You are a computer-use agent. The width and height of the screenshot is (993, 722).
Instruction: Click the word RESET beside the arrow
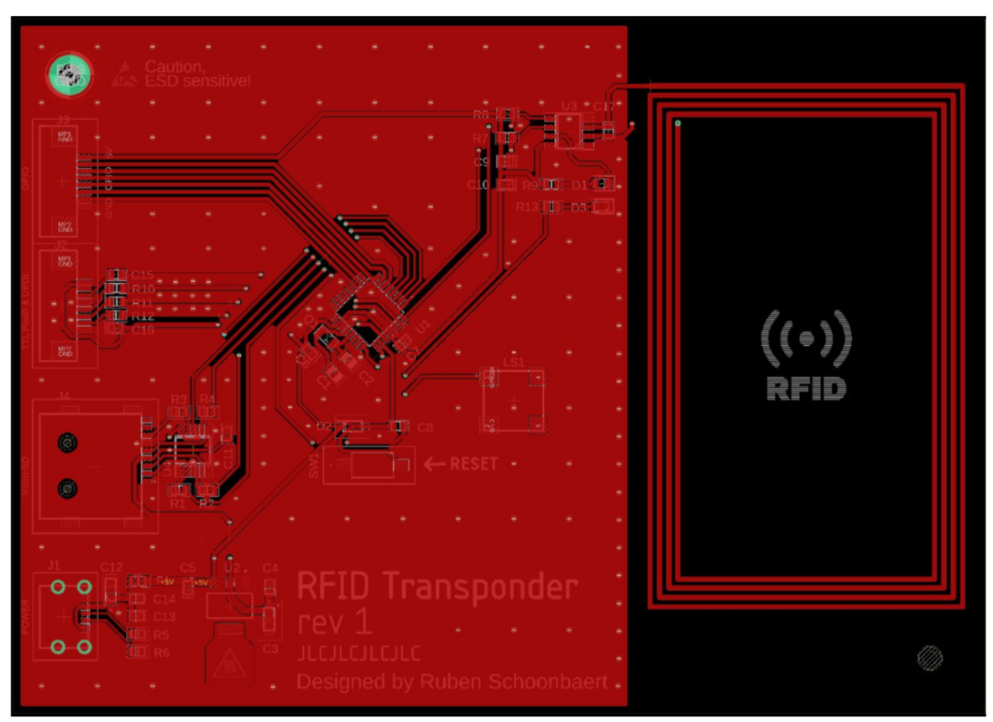tap(474, 463)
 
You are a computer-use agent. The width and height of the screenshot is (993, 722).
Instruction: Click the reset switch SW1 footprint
tap(370, 464)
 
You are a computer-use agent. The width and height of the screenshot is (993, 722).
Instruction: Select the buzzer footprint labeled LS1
tap(513, 400)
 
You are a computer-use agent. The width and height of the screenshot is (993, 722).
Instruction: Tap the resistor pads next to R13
tap(551, 207)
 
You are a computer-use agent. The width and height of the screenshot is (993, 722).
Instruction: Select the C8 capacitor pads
tap(400, 427)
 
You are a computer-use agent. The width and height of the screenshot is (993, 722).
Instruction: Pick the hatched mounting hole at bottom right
tap(930, 657)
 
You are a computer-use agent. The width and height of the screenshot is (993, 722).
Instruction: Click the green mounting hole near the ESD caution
tap(68, 75)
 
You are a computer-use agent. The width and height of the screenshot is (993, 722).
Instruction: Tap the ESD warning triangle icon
tap(123, 75)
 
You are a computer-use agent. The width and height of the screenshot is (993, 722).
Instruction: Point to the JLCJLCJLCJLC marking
tap(358, 653)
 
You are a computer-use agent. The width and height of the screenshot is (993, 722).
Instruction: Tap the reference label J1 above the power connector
tap(54, 566)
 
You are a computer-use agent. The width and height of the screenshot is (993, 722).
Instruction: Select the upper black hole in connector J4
tap(65, 442)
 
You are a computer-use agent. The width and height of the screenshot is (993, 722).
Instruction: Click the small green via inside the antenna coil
tap(677, 124)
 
